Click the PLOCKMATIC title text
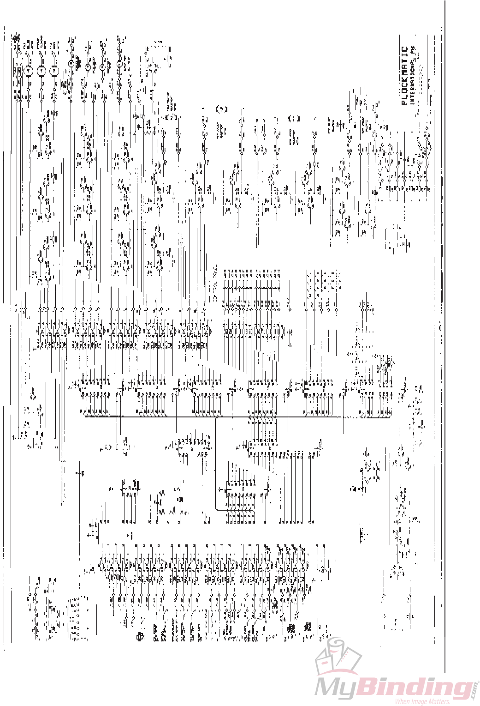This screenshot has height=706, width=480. point(404,76)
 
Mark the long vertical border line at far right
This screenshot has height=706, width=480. point(445,323)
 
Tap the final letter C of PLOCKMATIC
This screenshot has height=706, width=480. point(404,49)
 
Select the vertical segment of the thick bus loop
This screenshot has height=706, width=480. point(215,462)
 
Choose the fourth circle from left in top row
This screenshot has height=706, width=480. point(71,63)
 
